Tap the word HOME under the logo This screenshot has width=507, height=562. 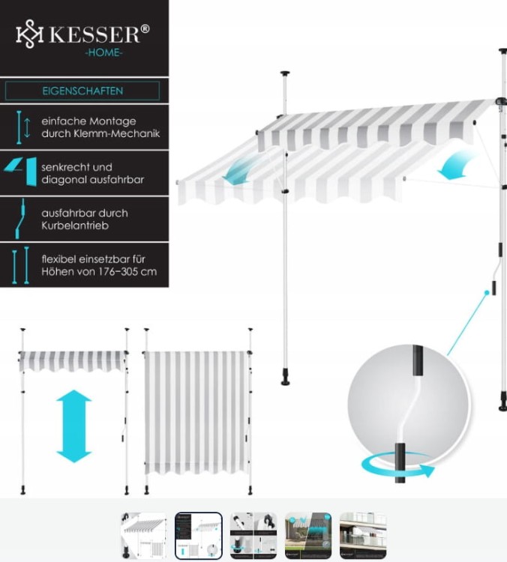click(103, 52)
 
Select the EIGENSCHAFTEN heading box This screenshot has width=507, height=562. click(82, 91)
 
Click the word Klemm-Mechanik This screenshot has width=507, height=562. click(116, 133)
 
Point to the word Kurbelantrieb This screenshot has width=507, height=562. click(75, 226)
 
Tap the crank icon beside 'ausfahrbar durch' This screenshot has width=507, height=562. click(20, 219)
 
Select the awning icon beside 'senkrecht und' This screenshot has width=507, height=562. click(21, 172)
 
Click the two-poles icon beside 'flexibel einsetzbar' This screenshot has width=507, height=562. click(20, 265)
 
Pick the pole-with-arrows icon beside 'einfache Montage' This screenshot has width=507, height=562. click(23, 127)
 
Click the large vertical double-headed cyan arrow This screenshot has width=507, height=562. click(74, 426)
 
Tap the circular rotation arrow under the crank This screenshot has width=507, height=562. click(398, 466)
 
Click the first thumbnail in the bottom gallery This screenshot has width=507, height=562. click(144, 536)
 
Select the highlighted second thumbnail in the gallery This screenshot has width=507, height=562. click(199, 536)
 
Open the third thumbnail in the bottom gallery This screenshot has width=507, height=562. click(253, 536)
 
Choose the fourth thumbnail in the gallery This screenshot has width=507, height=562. click(308, 536)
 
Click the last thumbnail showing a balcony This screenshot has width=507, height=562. click(363, 536)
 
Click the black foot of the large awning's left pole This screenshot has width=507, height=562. click(286, 380)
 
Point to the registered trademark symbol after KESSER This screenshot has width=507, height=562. click(145, 28)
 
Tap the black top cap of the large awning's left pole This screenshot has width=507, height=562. click(286, 74)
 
